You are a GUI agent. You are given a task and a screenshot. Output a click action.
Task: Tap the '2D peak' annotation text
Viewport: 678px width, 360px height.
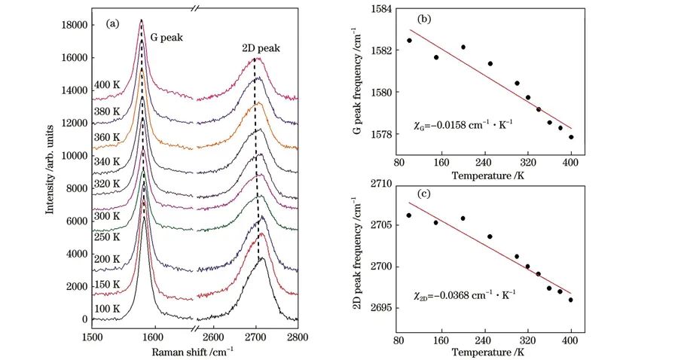261,48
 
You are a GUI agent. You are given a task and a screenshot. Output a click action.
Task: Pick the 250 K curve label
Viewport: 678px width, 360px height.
107,237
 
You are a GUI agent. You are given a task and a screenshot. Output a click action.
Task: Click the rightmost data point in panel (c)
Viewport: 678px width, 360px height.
571,300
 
